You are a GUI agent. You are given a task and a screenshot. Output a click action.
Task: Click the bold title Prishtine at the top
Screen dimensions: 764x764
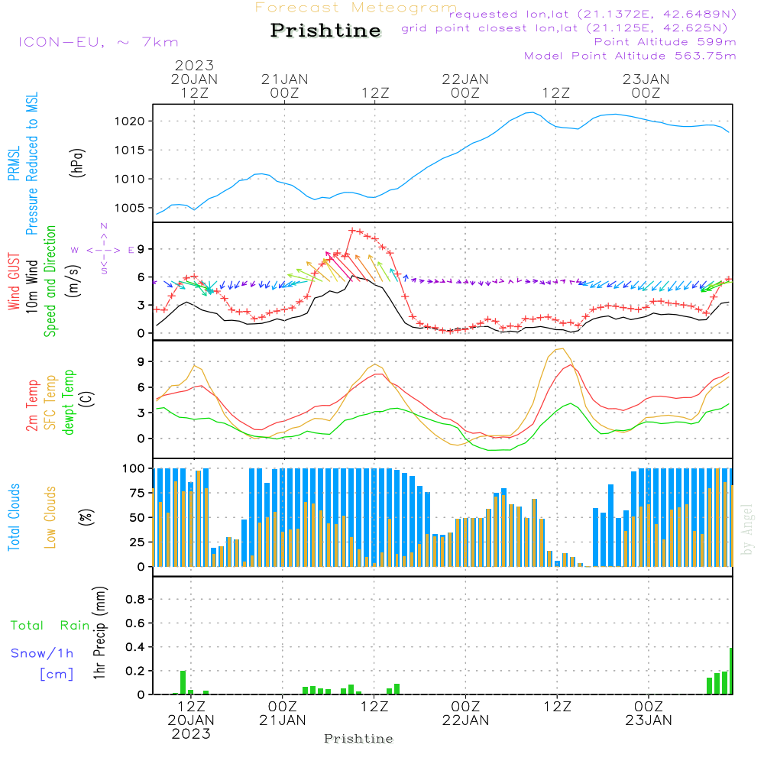coord(325,31)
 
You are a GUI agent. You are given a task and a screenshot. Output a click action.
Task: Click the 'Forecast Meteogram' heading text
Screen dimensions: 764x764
coord(355,8)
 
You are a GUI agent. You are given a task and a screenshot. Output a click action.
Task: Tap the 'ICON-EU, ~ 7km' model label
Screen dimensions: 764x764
coord(98,42)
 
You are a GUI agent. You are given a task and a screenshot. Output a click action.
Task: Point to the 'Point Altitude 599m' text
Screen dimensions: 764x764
coord(665,42)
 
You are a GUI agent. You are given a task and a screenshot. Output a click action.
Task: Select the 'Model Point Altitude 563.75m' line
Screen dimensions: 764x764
coord(630,56)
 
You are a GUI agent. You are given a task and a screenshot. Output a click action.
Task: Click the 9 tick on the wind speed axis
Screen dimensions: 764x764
coord(141,249)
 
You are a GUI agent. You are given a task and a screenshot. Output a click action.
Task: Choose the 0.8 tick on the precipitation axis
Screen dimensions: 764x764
coord(135,600)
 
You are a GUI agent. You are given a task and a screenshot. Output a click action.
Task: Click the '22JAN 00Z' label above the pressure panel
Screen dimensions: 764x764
coord(465,86)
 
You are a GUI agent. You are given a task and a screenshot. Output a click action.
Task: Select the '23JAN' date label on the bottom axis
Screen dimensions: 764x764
coord(649,720)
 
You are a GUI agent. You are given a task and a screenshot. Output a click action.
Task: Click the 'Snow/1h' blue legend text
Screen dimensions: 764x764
coord(42,653)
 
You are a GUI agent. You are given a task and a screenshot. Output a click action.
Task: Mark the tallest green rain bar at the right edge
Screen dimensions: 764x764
coord(730,671)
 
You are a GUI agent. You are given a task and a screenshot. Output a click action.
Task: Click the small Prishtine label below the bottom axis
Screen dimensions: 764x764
coord(358,739)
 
